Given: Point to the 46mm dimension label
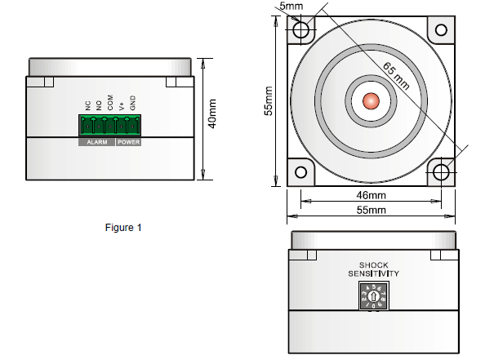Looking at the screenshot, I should point(371,196).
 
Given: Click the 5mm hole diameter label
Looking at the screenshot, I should point(291,6).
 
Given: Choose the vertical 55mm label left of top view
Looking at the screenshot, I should point(267,101).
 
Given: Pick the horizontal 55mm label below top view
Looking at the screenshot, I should point(371,211).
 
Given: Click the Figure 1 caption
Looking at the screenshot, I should point(124,227).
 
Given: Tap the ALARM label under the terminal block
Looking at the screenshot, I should point(96,142).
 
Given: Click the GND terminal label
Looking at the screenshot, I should point(133,104).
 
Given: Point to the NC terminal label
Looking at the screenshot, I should point(87,104).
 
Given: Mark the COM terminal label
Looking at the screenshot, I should point(109,104).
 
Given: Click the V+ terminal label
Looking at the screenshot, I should point(121,105).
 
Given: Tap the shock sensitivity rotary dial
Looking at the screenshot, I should point(372,296).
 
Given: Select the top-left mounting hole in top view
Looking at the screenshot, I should point(302,30).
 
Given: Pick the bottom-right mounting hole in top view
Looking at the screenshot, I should point(441,172).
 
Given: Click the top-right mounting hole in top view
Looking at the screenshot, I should point(441,30).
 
